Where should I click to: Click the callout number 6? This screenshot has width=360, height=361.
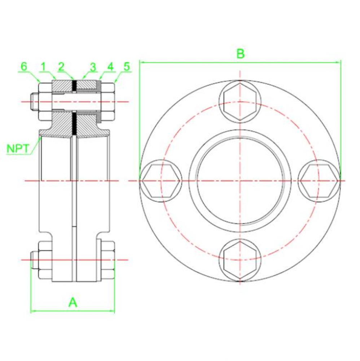(x=24, y=66)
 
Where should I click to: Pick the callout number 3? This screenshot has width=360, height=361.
(x=93, y=67)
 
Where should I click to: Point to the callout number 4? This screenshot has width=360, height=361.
(x=110, y=67)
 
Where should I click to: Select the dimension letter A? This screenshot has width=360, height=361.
(x=73, y=302)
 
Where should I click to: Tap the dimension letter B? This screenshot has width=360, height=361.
(x=240, y=53)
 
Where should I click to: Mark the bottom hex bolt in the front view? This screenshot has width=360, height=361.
(x=240, y=260)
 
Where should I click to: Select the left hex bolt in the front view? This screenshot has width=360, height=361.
(x=161, y=180)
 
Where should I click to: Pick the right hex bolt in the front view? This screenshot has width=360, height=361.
(x=319, y=180)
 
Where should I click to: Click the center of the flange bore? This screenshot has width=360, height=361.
(x=240, y=180)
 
